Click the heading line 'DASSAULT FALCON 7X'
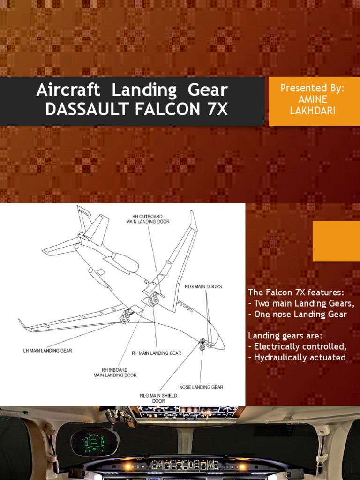pyautogui.click(x=136, y=110)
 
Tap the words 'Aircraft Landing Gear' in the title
pyautogui.click(x=132, y=90)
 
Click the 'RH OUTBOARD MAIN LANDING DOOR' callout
pyautogui.click(x=148, y=219)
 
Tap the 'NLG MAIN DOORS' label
pyautogui.click(x=203, y=286)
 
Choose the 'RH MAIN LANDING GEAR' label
pyautogui.click(x=156, y=353)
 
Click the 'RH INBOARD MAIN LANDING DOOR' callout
pyautogui.click(x=115, y=372)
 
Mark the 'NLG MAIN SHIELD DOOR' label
pyautogui.click(x=158, y=398)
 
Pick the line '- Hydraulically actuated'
pyautogui.click(x=297, y=358)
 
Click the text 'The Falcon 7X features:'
pyautogui.click(x=296, y=292)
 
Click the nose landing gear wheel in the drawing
pyautogui.click(x=202, y=346)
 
